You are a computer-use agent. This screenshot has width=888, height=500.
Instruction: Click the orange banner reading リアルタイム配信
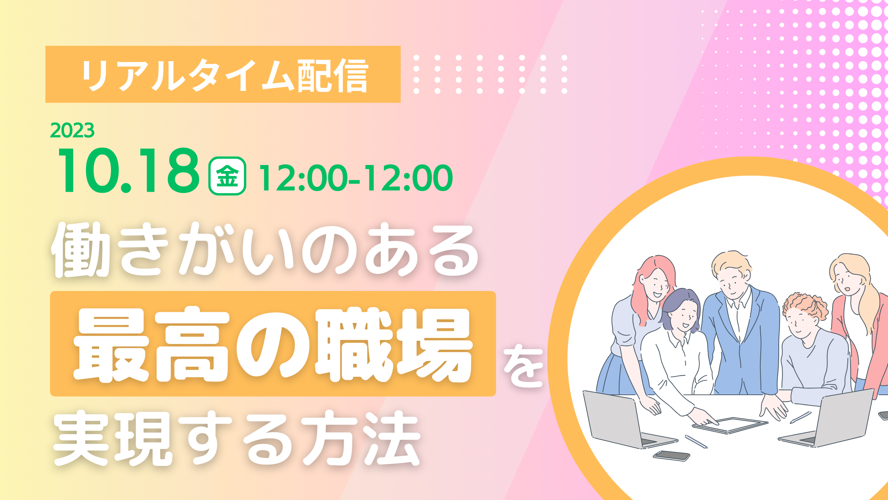(223, 74)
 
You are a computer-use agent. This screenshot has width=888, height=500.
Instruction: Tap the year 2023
(72, 131)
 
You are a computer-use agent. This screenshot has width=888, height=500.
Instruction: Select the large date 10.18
(129, 170)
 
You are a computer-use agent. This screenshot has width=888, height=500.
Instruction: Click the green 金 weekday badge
(227, 176)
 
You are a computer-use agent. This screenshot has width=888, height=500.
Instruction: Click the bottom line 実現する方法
(237, 438)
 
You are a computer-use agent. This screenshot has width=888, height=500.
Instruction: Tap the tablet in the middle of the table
(730, 425)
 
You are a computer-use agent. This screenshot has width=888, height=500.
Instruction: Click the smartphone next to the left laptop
(671, 456)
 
